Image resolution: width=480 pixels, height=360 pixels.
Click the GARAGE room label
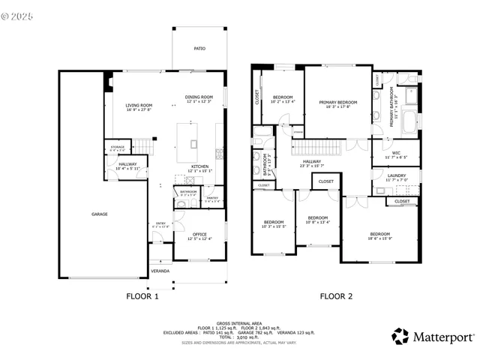(99, 214)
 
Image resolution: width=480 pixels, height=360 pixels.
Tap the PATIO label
(199, 49)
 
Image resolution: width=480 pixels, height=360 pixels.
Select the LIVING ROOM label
(139, 106)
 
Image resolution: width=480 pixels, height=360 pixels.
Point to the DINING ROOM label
(199, 97)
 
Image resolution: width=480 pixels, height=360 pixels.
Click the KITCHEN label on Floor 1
(199, 167)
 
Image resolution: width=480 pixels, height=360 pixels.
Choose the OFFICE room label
(199, 235)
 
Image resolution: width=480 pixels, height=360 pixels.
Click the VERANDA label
(160, 271)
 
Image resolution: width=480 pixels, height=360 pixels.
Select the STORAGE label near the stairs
(118, 148)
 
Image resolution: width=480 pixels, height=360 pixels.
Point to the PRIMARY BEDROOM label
(338, 103)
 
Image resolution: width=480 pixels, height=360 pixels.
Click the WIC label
(395, 155)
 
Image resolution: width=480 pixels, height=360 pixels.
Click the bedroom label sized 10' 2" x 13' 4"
(283, 98)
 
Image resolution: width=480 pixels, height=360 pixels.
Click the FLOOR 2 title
(336, 296)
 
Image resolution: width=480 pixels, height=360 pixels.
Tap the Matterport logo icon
(400, 337)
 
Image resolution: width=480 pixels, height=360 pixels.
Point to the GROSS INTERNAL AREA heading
(238, 322)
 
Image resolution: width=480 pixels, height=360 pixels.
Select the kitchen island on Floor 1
(193, 139)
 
